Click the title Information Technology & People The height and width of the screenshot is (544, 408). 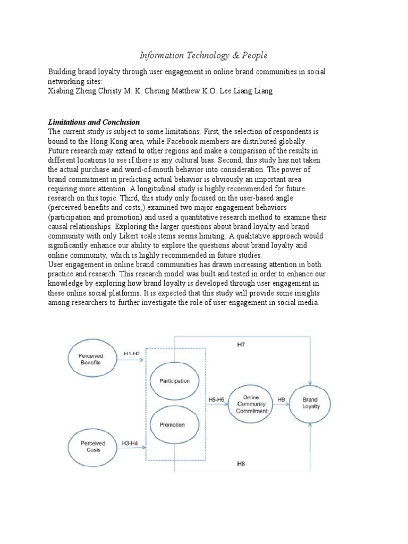(x=203, y=55)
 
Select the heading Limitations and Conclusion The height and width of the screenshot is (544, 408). (x=94, y=122)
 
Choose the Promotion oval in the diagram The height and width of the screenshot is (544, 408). (x=171, y=424)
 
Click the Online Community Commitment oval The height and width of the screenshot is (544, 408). (x=251, y=404)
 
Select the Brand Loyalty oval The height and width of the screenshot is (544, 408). (x=310, y=403)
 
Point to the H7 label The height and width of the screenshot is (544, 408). (x=241, y=345)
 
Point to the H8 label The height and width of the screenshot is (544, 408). (x=241, y=464)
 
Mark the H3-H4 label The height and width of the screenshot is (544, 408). (x=131, y=443)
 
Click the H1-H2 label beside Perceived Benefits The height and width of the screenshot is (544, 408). (x=131, y=353)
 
